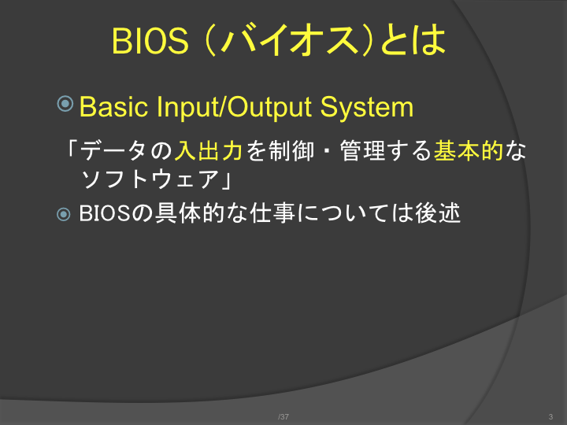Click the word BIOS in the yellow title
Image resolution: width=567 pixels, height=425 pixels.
[x=150, y=40]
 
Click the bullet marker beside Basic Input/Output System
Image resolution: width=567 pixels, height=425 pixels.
[x=65, y=104]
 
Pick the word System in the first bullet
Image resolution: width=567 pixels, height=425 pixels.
[x=367, y=107]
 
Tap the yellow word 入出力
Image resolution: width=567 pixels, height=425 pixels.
[x=208, y=150]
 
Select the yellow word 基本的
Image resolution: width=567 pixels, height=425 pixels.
[x=469, y=150]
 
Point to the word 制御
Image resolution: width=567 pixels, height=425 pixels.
[x=291, y=150]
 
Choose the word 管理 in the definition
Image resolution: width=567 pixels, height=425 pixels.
[x=362, y=150]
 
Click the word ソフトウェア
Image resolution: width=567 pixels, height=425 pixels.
[x=150, y=179]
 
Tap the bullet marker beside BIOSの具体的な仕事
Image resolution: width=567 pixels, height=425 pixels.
[x=64, y=214]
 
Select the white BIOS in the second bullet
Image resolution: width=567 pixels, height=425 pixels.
[x=105, y=213]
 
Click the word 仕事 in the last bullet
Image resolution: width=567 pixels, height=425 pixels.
[x=272, y=213]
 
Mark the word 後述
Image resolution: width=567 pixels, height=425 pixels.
[x=438, y=213]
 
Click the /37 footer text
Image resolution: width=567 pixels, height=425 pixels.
[x=283, y=416]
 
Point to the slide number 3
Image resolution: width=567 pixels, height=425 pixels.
[x=550, y=416]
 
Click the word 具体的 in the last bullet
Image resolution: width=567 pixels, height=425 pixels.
[x=190, y=213]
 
